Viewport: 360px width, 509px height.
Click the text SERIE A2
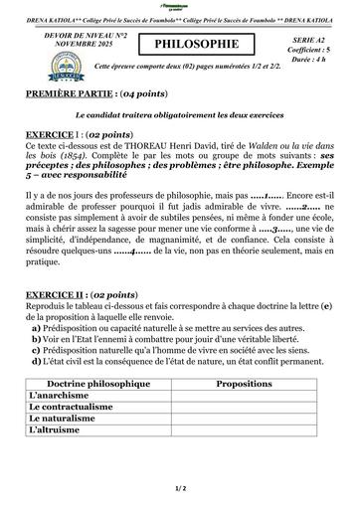[x=310, y=34]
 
